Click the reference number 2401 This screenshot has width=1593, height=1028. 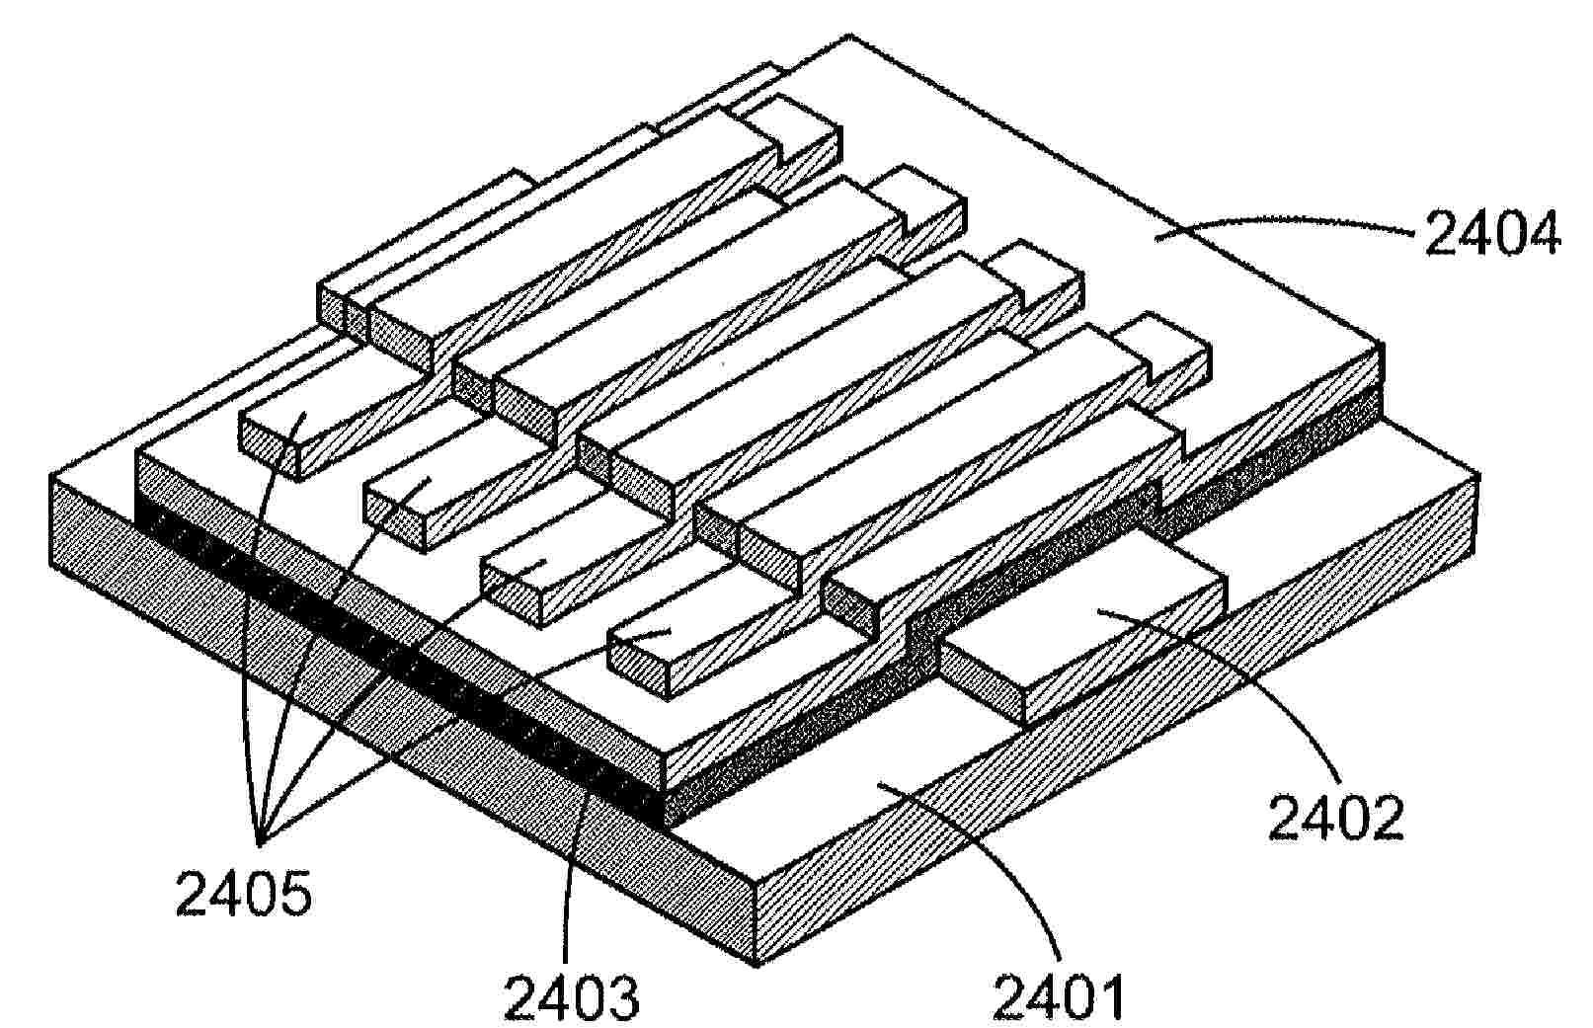[1058, 997]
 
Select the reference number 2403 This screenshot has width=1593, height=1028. [572, 997]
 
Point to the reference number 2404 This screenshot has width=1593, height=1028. [1491, 235]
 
